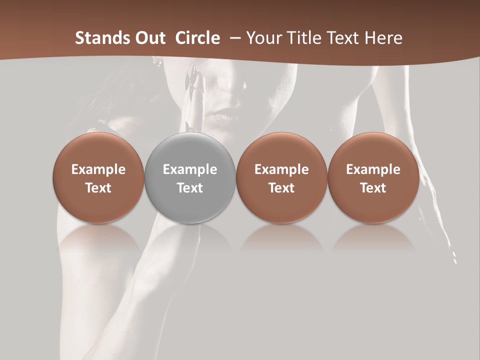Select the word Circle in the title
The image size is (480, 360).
click(x=197, y=38)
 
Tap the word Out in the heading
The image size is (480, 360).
click(x=149, y=38)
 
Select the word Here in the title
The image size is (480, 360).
click(x=384, y=38)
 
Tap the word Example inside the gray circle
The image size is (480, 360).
click(x=190, y=169)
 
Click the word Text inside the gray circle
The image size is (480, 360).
click(x=190, y=188)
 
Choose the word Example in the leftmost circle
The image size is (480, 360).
click(x=98, y=169)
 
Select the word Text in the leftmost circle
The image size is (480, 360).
click(x=98, y=188)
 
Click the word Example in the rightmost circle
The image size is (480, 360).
click(x=373, y=169)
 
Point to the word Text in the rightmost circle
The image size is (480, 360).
click(x=373, y=188)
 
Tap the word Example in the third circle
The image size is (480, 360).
click(x=281, y=169)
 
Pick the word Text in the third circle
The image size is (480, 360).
click(x=281, y=188)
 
